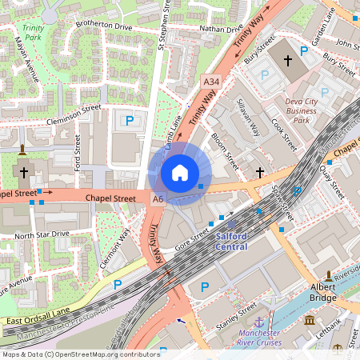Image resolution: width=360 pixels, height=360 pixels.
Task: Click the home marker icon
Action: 180,172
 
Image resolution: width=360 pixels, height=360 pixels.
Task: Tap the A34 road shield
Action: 210,82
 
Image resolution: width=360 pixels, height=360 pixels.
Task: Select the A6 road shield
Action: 158,198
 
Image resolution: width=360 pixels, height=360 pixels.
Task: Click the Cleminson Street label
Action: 73,108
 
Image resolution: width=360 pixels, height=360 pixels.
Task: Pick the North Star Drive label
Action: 42,234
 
